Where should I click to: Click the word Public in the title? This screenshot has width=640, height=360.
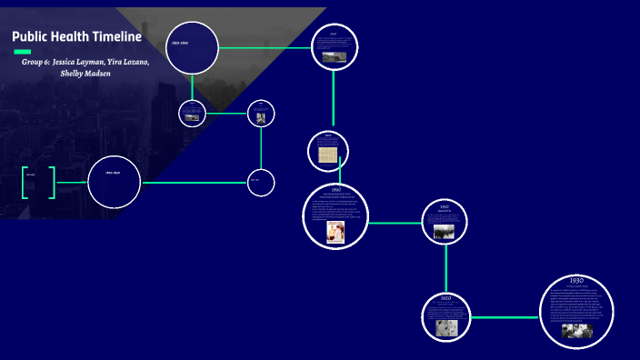point(29,37)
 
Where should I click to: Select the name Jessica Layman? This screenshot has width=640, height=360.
point(78,61)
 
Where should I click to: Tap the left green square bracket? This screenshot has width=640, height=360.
point(25,182)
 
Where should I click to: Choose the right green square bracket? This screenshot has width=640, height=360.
point(52,182)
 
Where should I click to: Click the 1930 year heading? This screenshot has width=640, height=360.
point(576,281)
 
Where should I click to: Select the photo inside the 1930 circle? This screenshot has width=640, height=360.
point(576,331)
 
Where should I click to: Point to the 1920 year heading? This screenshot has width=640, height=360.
point(445,297)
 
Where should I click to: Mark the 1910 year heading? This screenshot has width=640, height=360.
point(445,206)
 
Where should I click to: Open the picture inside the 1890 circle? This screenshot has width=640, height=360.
point(335,232)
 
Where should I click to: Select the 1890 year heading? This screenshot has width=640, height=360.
point(335,189)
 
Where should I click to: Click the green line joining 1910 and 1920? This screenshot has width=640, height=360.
point(445,269)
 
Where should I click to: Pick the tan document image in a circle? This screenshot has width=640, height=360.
point(327,155)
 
